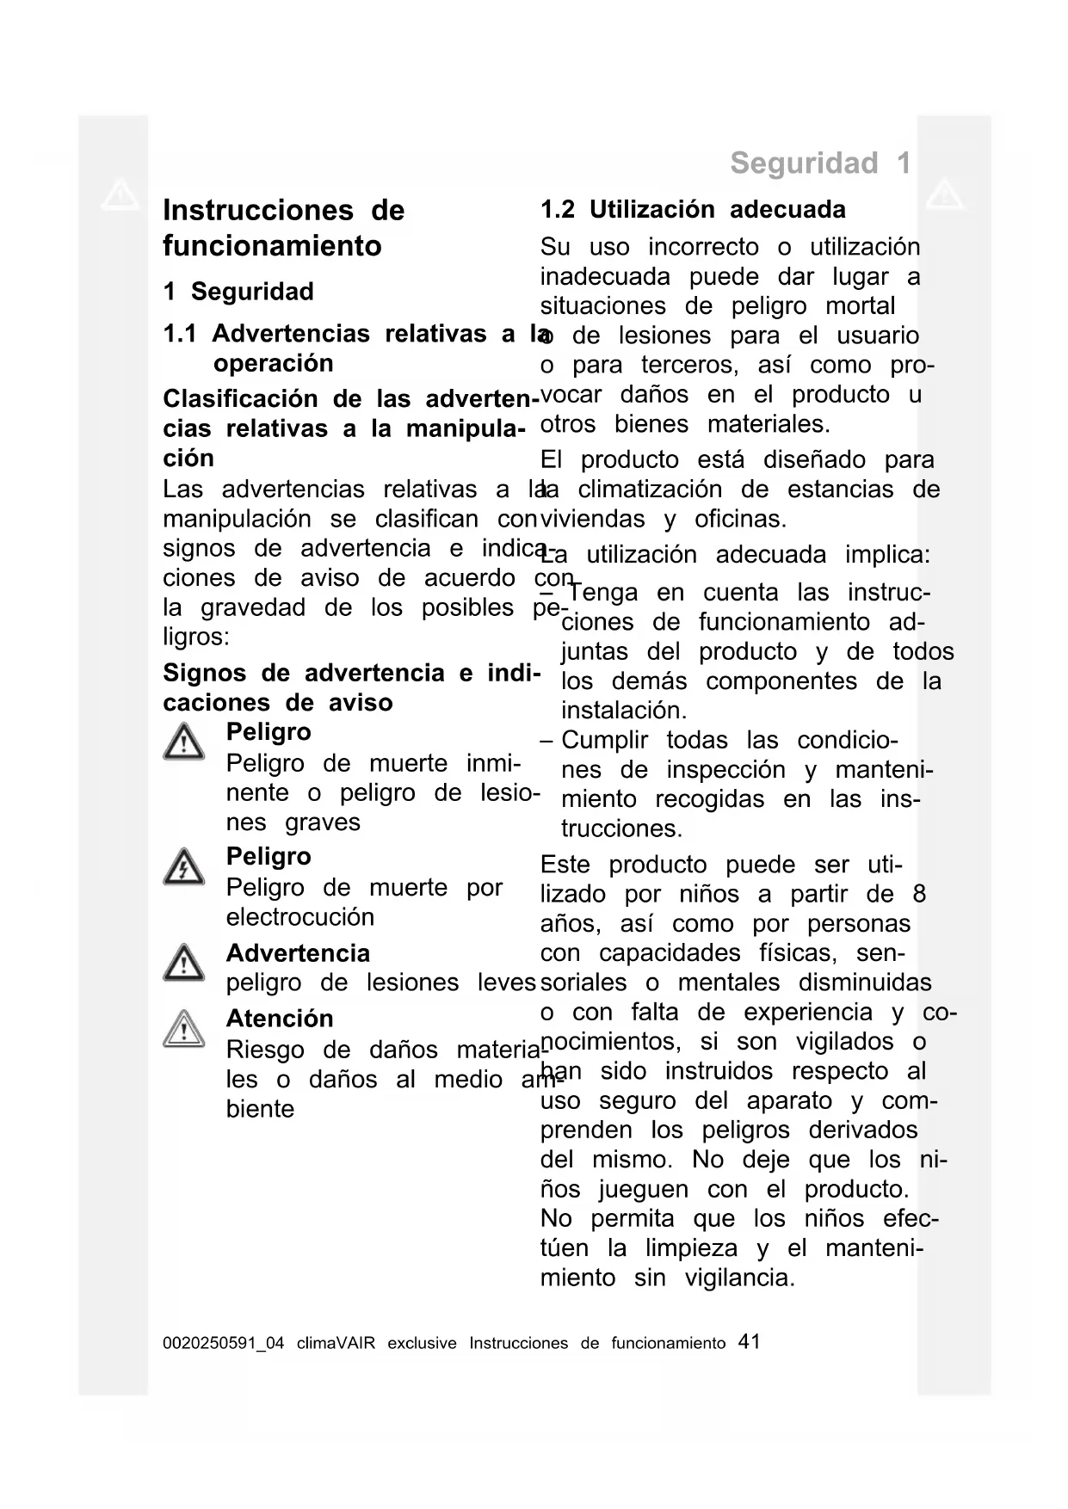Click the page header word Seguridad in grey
pos(804,163)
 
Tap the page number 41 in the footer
pos(749,1342)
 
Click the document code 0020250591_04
pos(223,1343)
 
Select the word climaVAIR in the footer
pos(336,1343)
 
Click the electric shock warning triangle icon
pos(183,866)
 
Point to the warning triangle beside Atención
pos(183,1029)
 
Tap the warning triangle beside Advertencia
pos(183,963)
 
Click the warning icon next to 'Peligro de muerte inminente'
pos(183,742)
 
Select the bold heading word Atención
pos(279,1019)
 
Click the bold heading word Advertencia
pos(298,953)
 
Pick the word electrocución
pos(299,917)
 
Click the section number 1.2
pos(558,210)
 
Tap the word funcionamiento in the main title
pos(272,246)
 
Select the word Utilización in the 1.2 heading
pos(651,210)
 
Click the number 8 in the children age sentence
pos(919,894)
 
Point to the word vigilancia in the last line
pos(739,1278)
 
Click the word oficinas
pos(740,519)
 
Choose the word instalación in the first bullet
pos(624,711)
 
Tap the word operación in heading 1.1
pos(273,363)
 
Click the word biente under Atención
pos(260,1109)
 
